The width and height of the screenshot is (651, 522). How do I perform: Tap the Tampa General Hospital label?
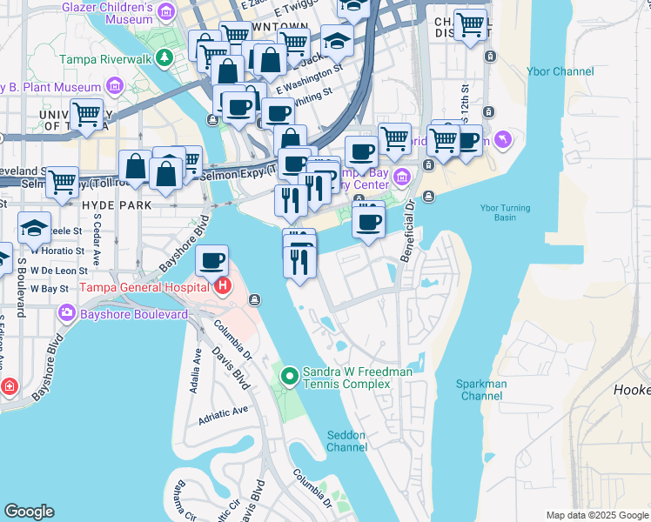145,287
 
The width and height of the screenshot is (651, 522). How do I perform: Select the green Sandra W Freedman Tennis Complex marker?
289,378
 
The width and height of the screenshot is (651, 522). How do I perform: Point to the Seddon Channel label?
346,441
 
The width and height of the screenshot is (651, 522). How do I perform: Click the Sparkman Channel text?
482,390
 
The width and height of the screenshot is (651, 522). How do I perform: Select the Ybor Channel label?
560,71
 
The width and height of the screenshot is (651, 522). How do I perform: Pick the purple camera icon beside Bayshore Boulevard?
66,312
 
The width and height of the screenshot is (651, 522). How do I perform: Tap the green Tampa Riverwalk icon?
164,59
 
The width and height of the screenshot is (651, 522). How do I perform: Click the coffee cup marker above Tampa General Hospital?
211,260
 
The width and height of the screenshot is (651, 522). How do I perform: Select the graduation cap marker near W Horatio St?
34,228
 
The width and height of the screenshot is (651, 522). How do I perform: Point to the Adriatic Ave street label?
224,412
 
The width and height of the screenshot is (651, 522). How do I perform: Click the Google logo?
29,512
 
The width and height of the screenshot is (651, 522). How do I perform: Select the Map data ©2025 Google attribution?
597,515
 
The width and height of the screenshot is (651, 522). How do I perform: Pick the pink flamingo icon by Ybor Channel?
503,139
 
